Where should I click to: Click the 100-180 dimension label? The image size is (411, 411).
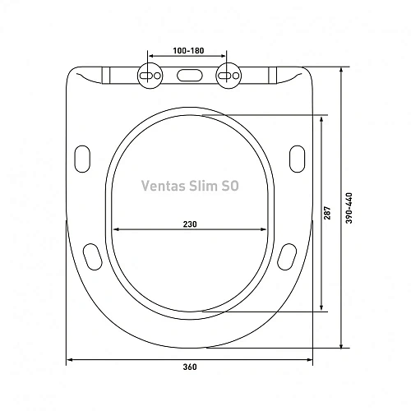pyautogui.click(x=189, y=50)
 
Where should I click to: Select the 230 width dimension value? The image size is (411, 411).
pyautogui.click(x=190, y=223)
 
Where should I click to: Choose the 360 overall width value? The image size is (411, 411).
pyautogui.click(x=190, y=367)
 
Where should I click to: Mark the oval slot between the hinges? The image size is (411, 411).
pyautogui.click(x=188, y=74)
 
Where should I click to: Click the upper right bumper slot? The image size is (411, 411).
pyautogui.click(x=298, y=157)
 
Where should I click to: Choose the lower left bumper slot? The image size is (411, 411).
pyautogui.click(x=91, y=256)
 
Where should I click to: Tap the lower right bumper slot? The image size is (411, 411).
pyautogui.click(x=288, y=256)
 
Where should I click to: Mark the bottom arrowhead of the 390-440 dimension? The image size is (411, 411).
pyautogui.click(x=341, y=347)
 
